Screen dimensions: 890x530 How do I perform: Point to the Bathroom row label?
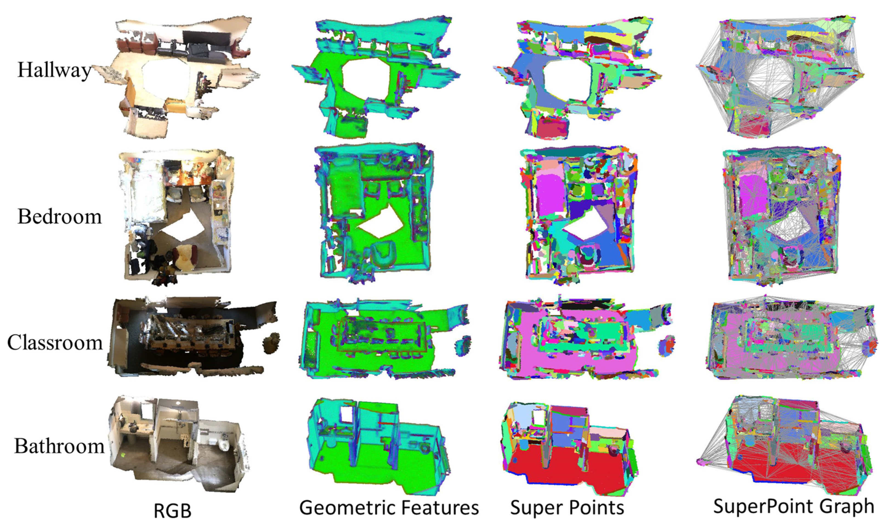tap(59, 446)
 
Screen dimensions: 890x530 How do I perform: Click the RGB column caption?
tap(172, 511)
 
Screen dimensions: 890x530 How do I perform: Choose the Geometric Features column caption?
tap(389, 508)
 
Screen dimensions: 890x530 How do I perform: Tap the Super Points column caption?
tap(567, 508)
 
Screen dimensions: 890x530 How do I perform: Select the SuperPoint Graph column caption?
tap(793, 506)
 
